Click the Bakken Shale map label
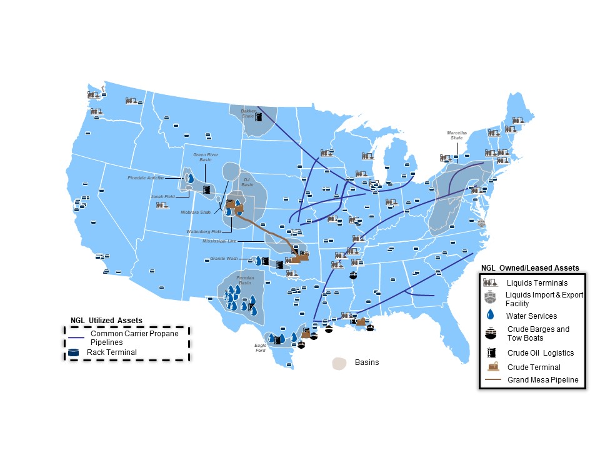[x=248, y=113]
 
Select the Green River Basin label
[x=202, y=156]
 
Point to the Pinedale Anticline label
[x=145, y=178]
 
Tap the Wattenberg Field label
[x=204, y=231]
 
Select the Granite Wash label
[x=224, y=258]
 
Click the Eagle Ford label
[x=261, y=347]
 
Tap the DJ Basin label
[x=247, y=182]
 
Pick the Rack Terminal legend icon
[x=75, y=352]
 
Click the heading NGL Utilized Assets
[x=106, y=320]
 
